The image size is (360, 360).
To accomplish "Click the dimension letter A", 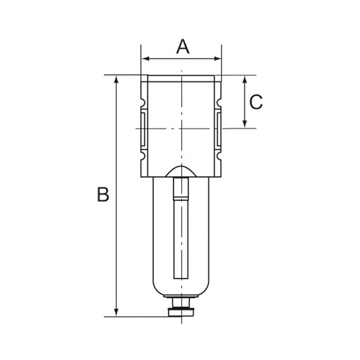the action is click(x=183, y=47).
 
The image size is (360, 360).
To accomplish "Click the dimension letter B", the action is click(x=103, y=194).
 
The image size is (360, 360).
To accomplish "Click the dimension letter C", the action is click(x=256, y=102).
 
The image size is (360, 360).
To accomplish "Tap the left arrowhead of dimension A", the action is click(x=146, y=59).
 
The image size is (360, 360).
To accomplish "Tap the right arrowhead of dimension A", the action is click(x=217, y=59).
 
